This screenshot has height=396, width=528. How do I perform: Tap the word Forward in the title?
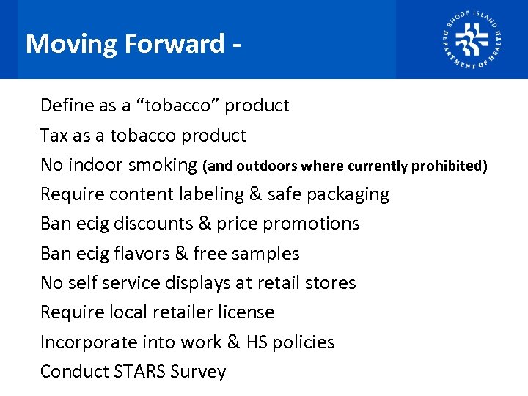coord(175,44)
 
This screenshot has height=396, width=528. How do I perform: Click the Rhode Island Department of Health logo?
coord(472,40)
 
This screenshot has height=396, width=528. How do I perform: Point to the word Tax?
coord(54,136)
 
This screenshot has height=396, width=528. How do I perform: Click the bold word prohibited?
coord(449,166)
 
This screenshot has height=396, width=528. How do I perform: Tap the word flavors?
coord(141,254)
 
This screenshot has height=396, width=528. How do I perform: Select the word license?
coord(249,312)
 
